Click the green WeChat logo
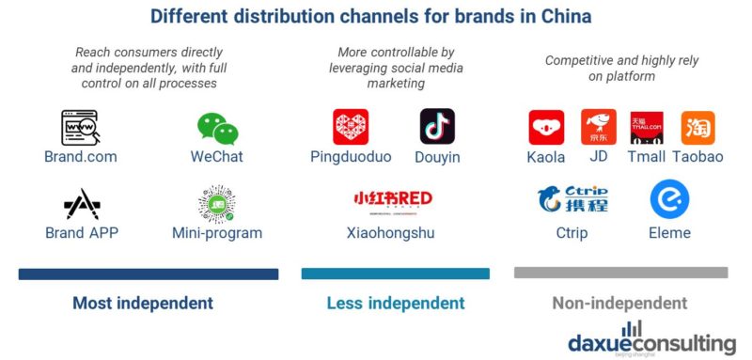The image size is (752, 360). [x=217, y=128]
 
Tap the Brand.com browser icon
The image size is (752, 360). [x=80, y=127]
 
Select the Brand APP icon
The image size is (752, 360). [x=81, y=204]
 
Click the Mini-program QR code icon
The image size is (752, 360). [x=216, y=203]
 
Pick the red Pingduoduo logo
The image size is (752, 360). [x=351, y=127]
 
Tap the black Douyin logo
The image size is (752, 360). [x=437, y=126]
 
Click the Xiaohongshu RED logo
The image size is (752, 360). [x=392, y=199]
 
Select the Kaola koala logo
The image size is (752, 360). [x=546, y=127]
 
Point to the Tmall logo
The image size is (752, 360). [x=647, y=127]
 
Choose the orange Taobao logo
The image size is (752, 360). [x=697, y=127]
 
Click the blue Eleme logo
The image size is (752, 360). [x=669, y=199]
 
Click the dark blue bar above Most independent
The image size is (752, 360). [x=149, y=274]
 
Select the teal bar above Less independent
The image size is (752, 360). [x=395, y=274]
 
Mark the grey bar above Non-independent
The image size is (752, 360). [x=620, y=273]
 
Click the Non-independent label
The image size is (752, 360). [x=619, y=304]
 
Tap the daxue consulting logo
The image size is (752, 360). [x=651, y=339]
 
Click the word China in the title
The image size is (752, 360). [x=568, y=17]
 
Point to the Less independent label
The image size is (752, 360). [x=395, y=304]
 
